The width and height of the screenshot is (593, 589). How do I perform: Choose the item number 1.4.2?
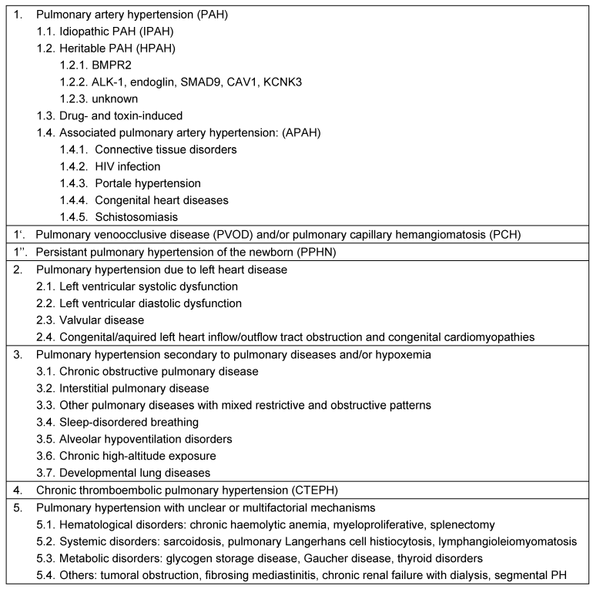pyautogui.click(x=75, y=166)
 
